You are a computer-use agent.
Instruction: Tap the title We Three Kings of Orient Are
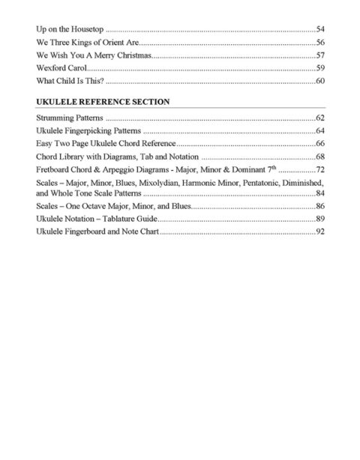83,42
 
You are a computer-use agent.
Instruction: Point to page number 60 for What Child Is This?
319,81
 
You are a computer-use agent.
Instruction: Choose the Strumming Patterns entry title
70,118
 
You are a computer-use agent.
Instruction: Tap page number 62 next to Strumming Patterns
319,118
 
